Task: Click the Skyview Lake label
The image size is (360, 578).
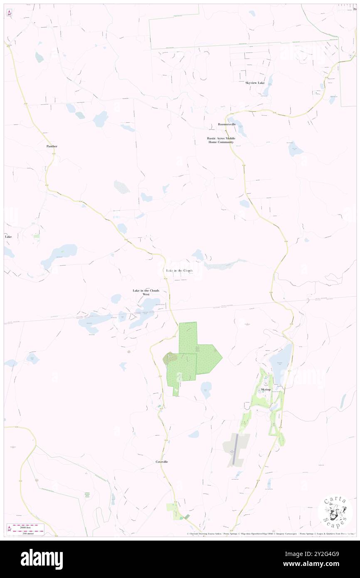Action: pos(255,83)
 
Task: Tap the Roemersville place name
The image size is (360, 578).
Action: pos(227,124)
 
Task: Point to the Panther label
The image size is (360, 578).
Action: pos(52,146)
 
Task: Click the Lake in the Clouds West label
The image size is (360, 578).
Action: pos(146,292)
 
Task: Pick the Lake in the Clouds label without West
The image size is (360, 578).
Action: pos(180,271)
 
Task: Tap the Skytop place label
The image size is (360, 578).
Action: pos(266,390)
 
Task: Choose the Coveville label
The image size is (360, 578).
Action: pos(162,462)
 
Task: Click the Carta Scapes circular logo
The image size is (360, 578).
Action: pos(335,512)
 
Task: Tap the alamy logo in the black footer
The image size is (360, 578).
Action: pos(42,559)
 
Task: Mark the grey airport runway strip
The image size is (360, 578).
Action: pos(235,449)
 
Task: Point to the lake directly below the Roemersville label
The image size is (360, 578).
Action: pos(241,132)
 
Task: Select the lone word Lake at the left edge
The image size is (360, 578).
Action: pos(8,237)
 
